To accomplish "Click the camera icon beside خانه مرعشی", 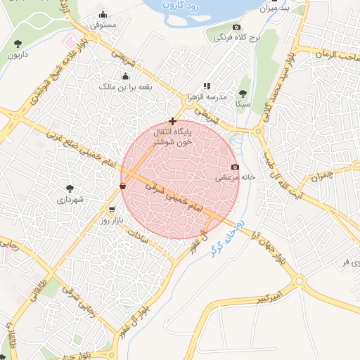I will pos(235,167).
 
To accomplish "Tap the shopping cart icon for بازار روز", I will pos(112,210).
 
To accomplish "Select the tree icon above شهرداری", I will pos(70,188).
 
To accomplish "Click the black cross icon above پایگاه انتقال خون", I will pos(172,121).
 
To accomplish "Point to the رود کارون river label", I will pos(184,6).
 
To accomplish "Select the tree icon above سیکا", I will pos(243,93).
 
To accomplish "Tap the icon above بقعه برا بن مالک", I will pos(125,76).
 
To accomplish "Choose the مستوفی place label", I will pos(103,25).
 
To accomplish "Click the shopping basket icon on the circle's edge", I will pos(123,186).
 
